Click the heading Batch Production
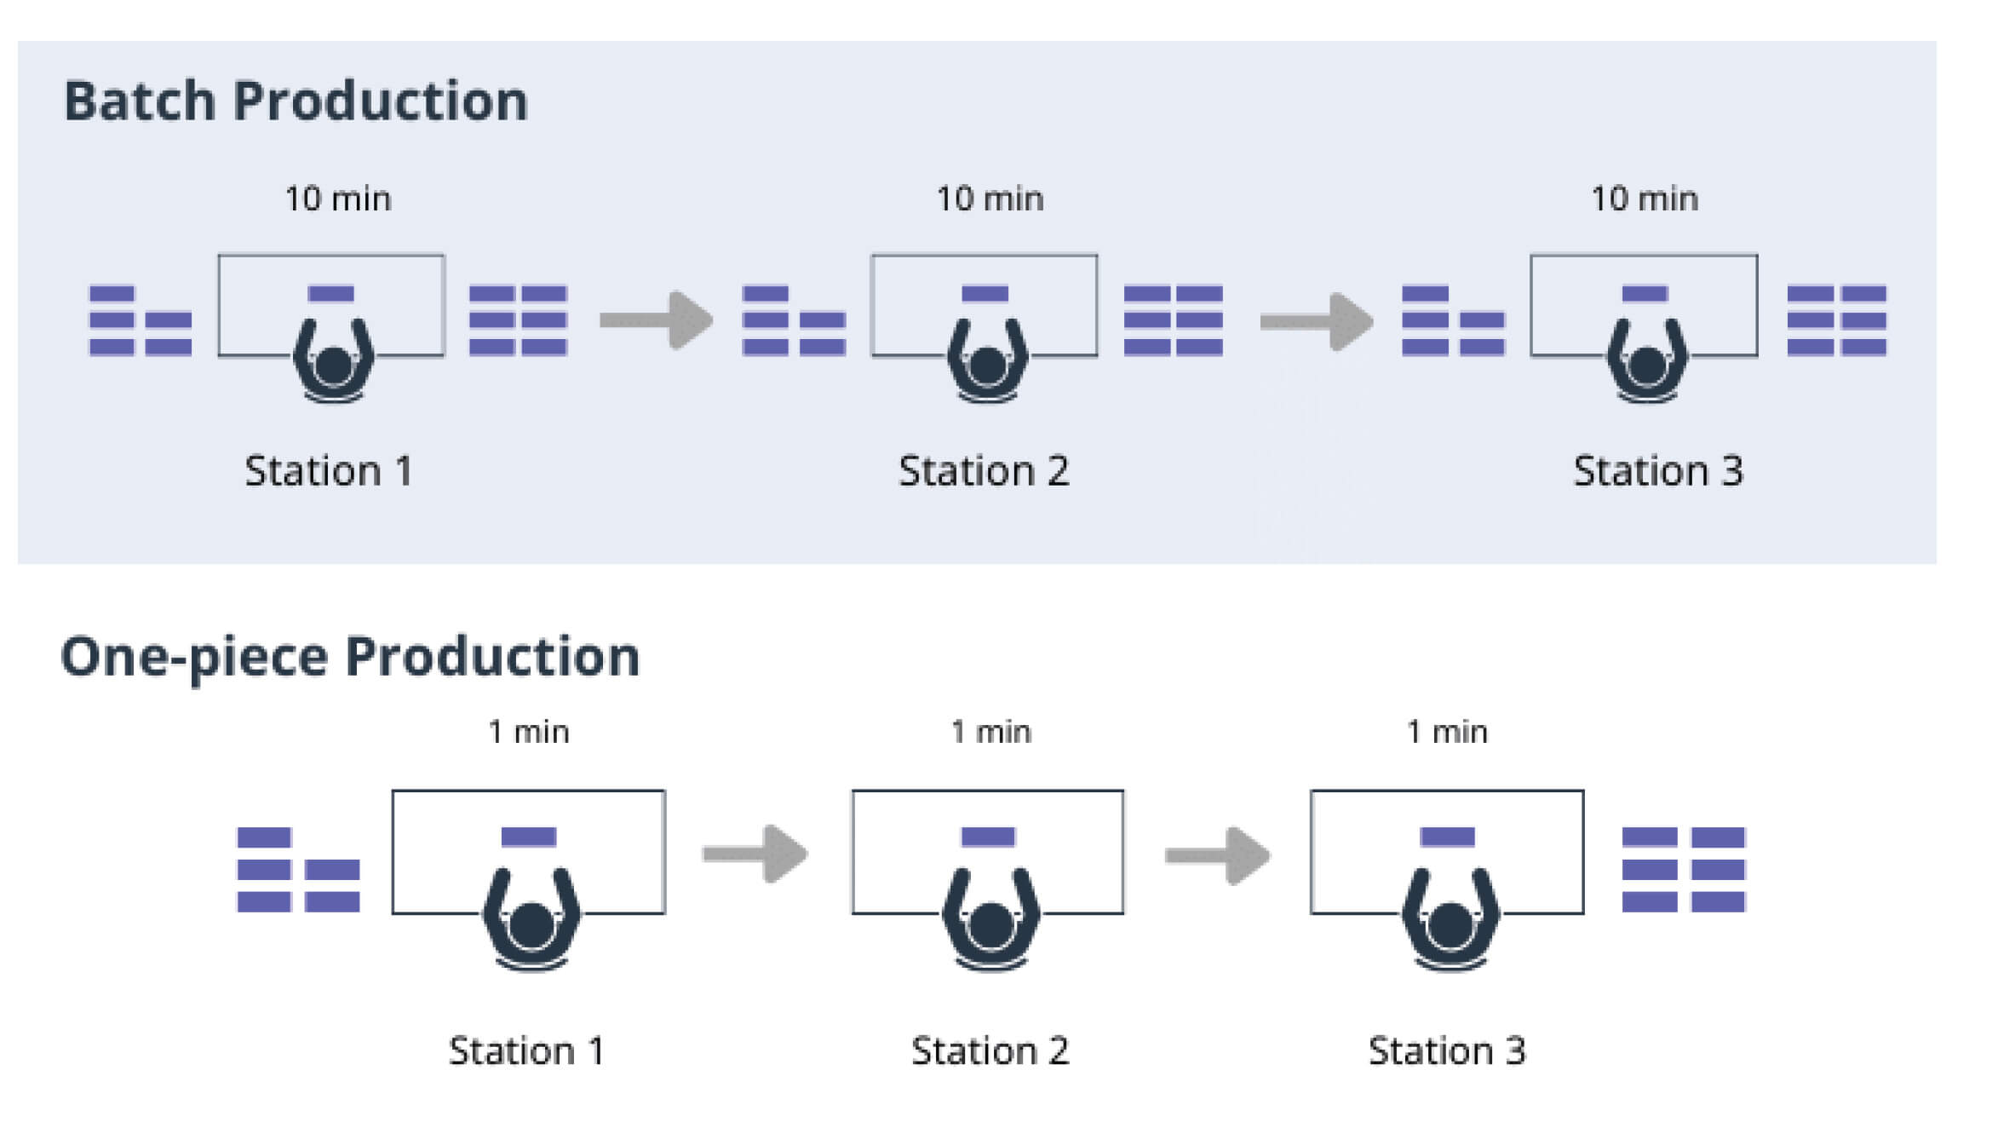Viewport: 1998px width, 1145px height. coord(296,102)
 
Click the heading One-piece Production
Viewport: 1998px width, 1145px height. coord(349,658)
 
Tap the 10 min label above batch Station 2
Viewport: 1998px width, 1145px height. coord(990,199)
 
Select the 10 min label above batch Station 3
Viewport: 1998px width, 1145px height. coord(1645,199)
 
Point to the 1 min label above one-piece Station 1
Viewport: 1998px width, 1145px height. coord(528,732)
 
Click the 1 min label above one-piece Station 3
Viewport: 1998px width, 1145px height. coord(1447,732)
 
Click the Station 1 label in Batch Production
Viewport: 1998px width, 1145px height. coord(329,471)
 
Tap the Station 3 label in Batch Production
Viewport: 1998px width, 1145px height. coord(1657,471)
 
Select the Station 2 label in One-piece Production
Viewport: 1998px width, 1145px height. coord(990,1051)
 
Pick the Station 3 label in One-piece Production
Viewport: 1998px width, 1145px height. coord(1447,1051)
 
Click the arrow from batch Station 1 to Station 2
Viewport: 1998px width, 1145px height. coord(656,320)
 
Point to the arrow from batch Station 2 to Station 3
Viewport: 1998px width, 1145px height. coord(1316,321)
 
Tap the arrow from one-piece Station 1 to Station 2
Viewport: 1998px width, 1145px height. coord(755,854)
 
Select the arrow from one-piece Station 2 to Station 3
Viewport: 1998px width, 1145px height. coord(1218,854)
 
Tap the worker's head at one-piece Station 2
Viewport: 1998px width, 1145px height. coord(990,926)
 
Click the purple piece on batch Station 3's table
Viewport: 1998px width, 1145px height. coord(1645,294)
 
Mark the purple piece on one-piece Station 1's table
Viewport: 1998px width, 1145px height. coord(528,837)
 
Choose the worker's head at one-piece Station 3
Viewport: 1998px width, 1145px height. coord(1450,926)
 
